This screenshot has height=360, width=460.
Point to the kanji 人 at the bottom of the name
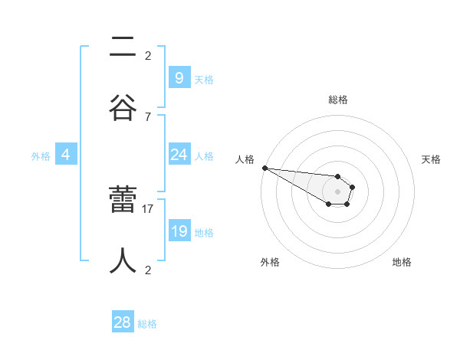click(x=123, y=260)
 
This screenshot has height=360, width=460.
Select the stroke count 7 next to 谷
click(x=148, y=116)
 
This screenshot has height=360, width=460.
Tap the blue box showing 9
click(x=179, y=77)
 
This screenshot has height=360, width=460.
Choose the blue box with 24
click(x=179, y=155)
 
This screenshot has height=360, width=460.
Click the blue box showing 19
click(x=179, y=231)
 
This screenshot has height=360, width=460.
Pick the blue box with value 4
click(x=66, y=155)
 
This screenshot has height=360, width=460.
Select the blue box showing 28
click(x=123, y=322)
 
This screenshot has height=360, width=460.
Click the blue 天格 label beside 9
click(x=204, y=79)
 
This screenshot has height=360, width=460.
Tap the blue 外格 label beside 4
click(x=41, y=156)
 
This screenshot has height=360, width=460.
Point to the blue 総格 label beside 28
click(x=147, y=324)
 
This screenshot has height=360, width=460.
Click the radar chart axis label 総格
click(x=337, y=100)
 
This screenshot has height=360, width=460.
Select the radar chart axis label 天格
click(x=432, y=159)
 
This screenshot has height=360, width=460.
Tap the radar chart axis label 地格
click(x=402, y=262)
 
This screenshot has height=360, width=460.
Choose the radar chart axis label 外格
click(x=270, y=262)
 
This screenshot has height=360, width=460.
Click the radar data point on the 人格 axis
click(x=264, y=168)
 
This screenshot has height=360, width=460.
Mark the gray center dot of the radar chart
click(x=337, y=191)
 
